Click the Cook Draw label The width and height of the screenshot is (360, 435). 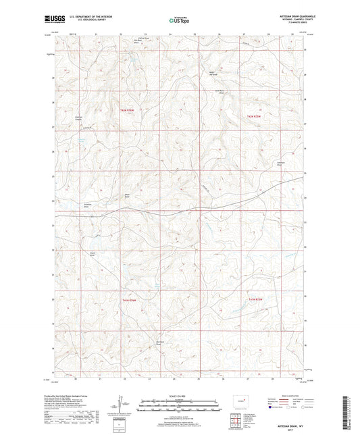(x=93, y=254)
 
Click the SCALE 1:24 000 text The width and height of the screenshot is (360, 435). (x=179, y=396)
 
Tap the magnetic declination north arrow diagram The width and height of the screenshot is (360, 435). (x=120, y=407)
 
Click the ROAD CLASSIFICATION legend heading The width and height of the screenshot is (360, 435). (x=294, y=396)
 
